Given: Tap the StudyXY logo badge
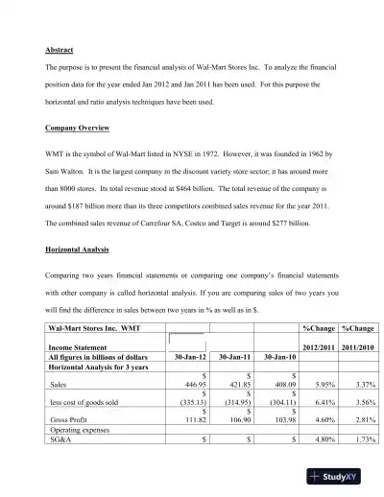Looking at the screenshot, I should (x=340, y=476).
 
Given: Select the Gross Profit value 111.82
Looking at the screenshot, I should (x=195, y=420).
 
